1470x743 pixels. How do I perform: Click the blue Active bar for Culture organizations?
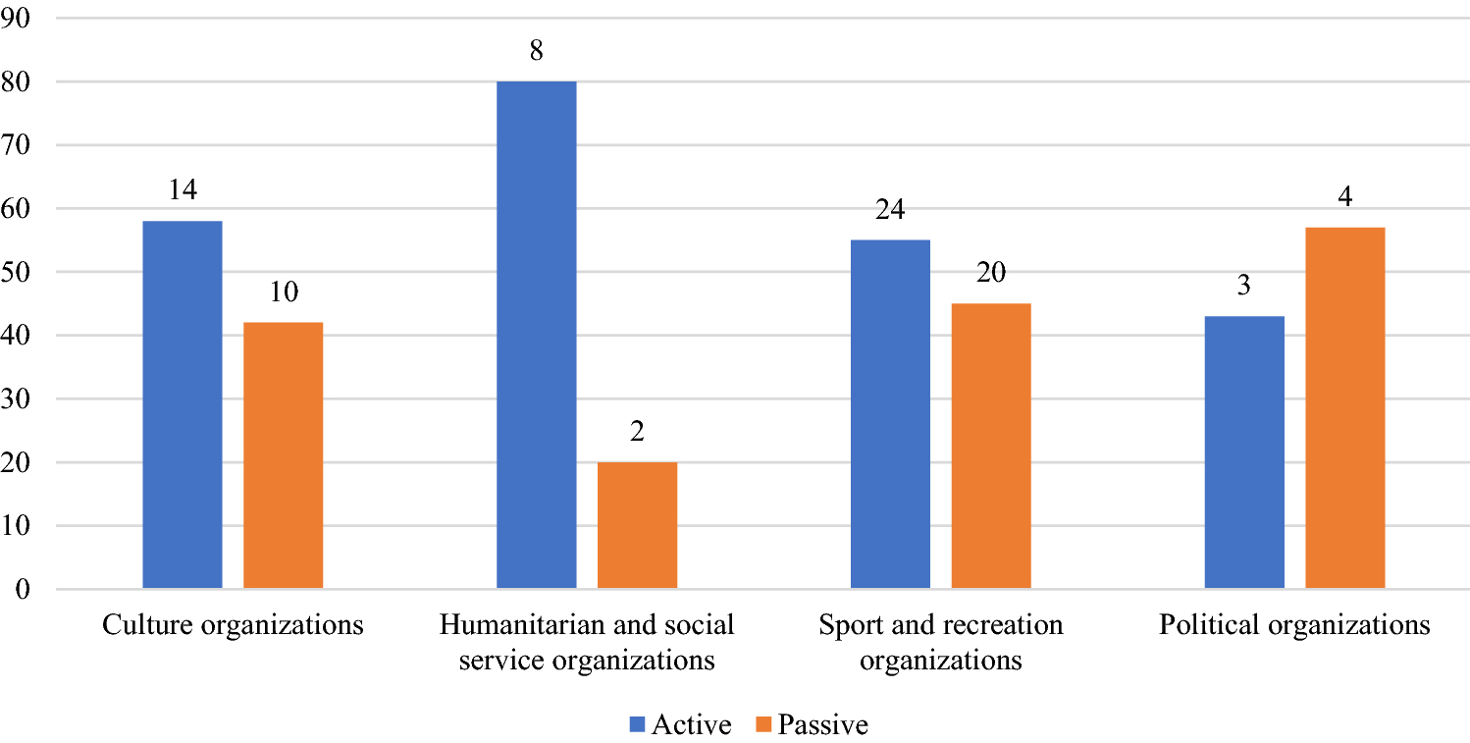tap(183, 404)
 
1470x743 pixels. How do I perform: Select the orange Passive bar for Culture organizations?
tap(284, 455)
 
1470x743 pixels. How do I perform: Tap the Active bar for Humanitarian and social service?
tap(536, 335)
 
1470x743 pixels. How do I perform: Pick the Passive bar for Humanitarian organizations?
tap(637, 525)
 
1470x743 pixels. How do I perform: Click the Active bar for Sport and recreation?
tap(890, 414)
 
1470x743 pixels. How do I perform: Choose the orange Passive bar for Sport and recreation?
tap(991, 446)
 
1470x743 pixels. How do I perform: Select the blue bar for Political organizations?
tap(1244, 452)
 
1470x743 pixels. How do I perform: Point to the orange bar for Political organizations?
tap(1345, 408)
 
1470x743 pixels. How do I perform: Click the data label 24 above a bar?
tap(890, 210)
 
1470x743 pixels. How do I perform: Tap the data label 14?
tap(183, 190)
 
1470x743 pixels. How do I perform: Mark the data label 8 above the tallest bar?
tap(536, 51)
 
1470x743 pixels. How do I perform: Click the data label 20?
tap(991, 273)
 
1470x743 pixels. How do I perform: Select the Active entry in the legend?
tap(681, 725)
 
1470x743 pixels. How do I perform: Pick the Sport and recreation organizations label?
tap(940, 643)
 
